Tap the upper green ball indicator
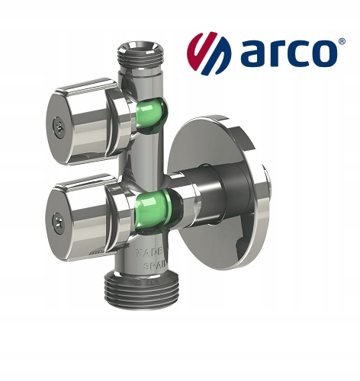[150, 114]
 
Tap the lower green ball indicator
[154, 210]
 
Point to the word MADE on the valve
[149, 253]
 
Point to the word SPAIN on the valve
[156, 266]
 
